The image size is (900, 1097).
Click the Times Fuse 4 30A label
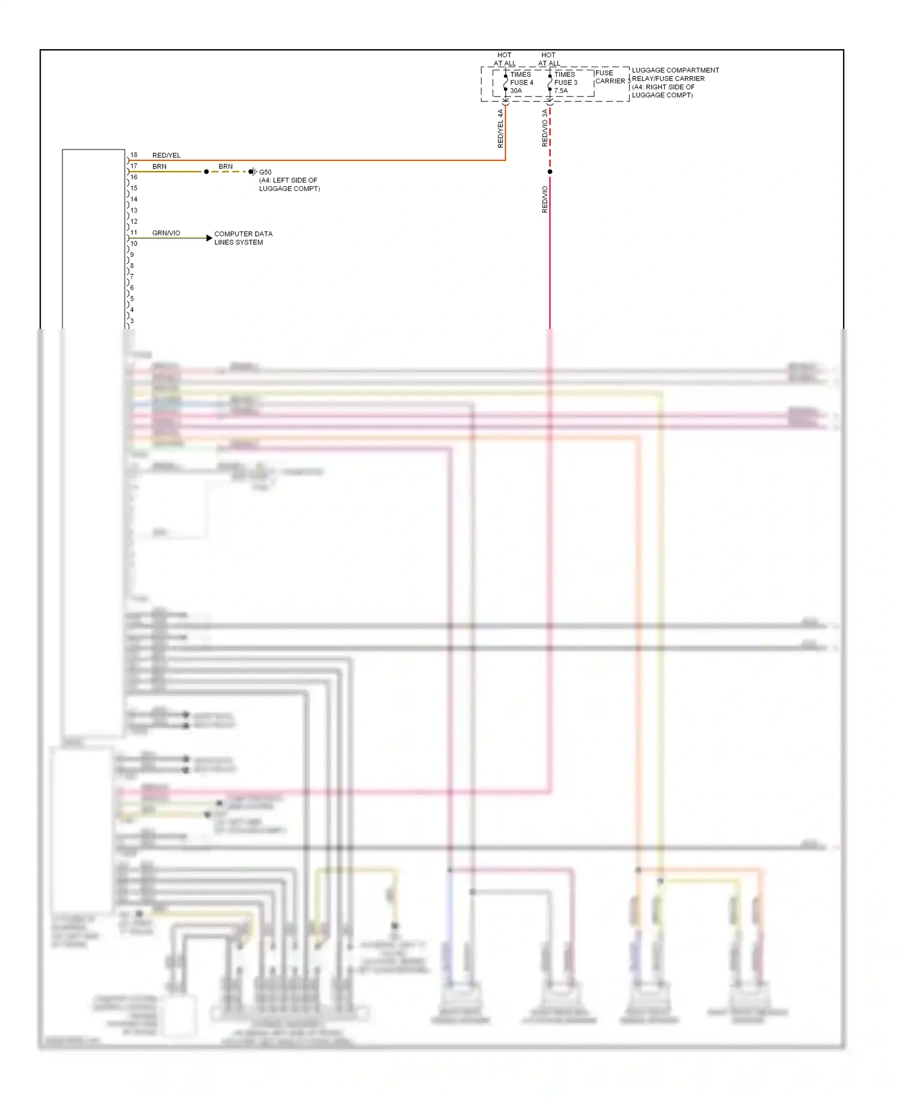521,83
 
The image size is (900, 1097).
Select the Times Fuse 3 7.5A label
565,83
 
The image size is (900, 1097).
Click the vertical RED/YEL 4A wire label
500,128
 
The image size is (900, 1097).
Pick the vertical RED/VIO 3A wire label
545,128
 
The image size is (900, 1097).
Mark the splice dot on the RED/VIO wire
550,172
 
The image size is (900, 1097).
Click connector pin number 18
134,155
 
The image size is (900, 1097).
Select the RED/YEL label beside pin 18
166,155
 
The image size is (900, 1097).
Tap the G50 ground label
265,172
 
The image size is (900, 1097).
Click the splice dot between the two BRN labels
206,172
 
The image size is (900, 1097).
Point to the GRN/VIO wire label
166,233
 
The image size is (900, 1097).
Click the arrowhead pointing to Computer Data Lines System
209,238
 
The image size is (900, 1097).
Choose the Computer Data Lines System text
243,238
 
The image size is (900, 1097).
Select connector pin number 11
134,232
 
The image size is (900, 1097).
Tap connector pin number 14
134,199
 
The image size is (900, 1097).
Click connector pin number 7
132,277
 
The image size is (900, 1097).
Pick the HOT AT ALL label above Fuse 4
505,59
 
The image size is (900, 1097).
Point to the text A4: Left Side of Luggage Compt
289,184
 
